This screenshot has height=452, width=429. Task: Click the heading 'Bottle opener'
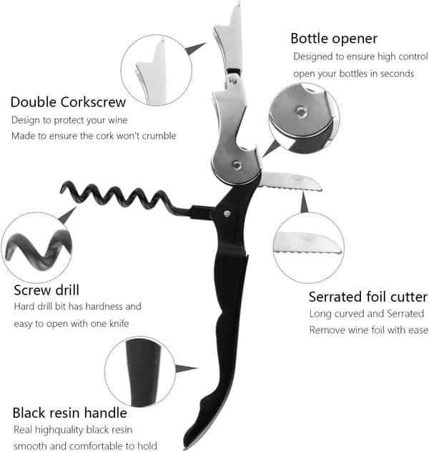click(x=334, y=39)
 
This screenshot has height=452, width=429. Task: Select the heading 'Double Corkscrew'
click(x=69, y=102)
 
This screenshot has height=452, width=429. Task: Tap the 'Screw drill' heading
click(x=46, y=290)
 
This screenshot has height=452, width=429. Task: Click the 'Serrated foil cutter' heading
click(x=368, y=297)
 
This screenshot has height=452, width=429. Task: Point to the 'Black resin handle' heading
click(x=70, y=413)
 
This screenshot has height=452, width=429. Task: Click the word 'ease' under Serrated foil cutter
click(x=418, y=330)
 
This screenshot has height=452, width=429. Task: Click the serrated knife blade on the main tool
click(x=290, y=182)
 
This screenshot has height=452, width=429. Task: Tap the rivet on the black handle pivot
click(x=227, y=214)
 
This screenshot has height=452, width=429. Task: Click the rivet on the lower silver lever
click(x=237, y=165)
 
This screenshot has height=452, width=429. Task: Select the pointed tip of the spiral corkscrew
click(x=61, y=190)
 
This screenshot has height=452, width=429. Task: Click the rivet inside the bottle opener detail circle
click(x=301, y=112)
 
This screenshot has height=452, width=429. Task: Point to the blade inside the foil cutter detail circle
click(x=307, y=243)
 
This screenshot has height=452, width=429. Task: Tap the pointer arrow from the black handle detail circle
click(x=186, y=368)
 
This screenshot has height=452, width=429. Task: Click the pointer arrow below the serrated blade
click(x=304, y=202)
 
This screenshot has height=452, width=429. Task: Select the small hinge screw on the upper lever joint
click(x=233, y=80)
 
